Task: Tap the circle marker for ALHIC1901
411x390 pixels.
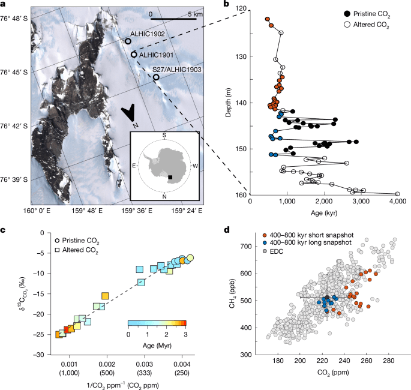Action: (x=134, y=55)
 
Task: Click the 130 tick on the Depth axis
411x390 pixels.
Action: (x=241, y=56)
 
